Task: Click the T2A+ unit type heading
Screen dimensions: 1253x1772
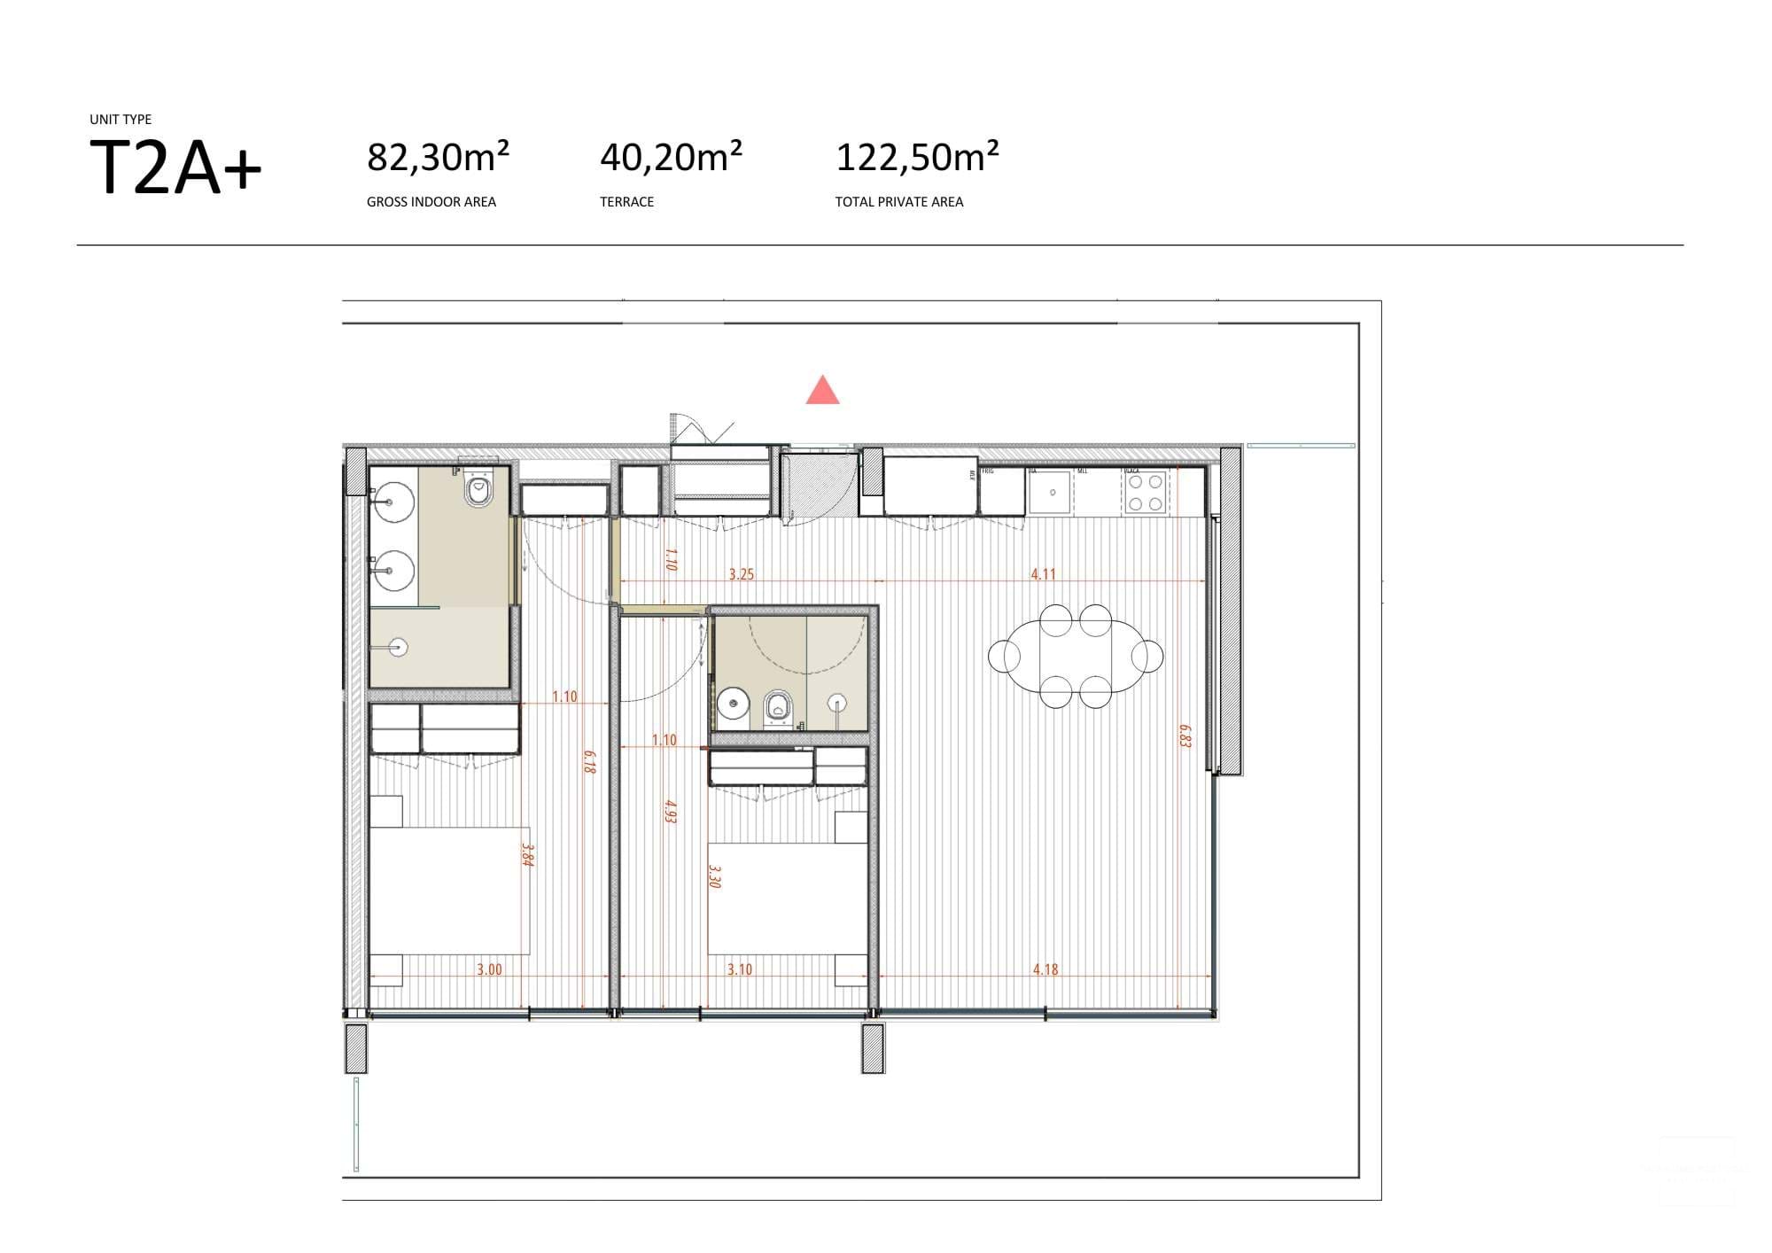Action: point(175,168)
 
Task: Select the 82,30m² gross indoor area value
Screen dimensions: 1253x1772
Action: point(438,158)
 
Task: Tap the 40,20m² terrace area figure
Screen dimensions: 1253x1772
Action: point(671,158)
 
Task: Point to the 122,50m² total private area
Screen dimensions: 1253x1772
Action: point(917,158)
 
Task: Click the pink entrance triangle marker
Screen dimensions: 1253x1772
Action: point(822,391)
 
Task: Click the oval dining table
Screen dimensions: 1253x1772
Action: point(1075,656)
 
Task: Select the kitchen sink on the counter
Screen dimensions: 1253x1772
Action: point(1050,493)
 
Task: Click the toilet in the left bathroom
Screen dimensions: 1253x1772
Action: point(478,490)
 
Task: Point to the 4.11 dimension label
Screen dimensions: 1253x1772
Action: point(1043,574)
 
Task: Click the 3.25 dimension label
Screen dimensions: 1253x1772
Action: point(741,574)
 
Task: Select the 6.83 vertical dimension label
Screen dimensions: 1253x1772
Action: point(1185,736)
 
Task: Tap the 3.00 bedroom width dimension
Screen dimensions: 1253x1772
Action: point(489,969)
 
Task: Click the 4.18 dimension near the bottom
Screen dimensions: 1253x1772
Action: point(1045,969)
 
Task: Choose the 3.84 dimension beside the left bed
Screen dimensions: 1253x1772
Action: point(526,854)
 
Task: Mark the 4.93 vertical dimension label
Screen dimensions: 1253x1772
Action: point(671,812)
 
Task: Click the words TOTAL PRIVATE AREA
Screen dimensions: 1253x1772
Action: point(898,202)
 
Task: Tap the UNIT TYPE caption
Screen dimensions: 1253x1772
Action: point(120,120)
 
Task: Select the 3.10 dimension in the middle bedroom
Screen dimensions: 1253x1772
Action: point(739,969)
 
